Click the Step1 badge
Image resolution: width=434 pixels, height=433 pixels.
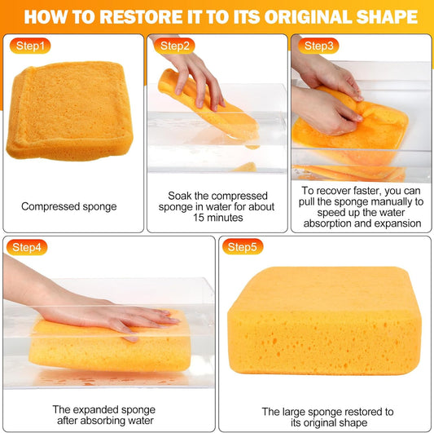[30, 46]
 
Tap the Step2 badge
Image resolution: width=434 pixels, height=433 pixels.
[174, 46]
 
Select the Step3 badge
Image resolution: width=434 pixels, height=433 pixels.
[318, 46]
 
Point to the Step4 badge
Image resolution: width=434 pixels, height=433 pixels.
[27, 247]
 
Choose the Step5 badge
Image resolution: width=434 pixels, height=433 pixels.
[242, 247]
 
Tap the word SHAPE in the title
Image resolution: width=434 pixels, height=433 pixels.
[387, 17]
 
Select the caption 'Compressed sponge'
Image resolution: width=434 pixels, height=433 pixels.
[69, 206]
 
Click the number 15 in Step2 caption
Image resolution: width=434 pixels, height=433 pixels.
[199, 218]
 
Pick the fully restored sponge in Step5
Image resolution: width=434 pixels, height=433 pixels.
[325, 321]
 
